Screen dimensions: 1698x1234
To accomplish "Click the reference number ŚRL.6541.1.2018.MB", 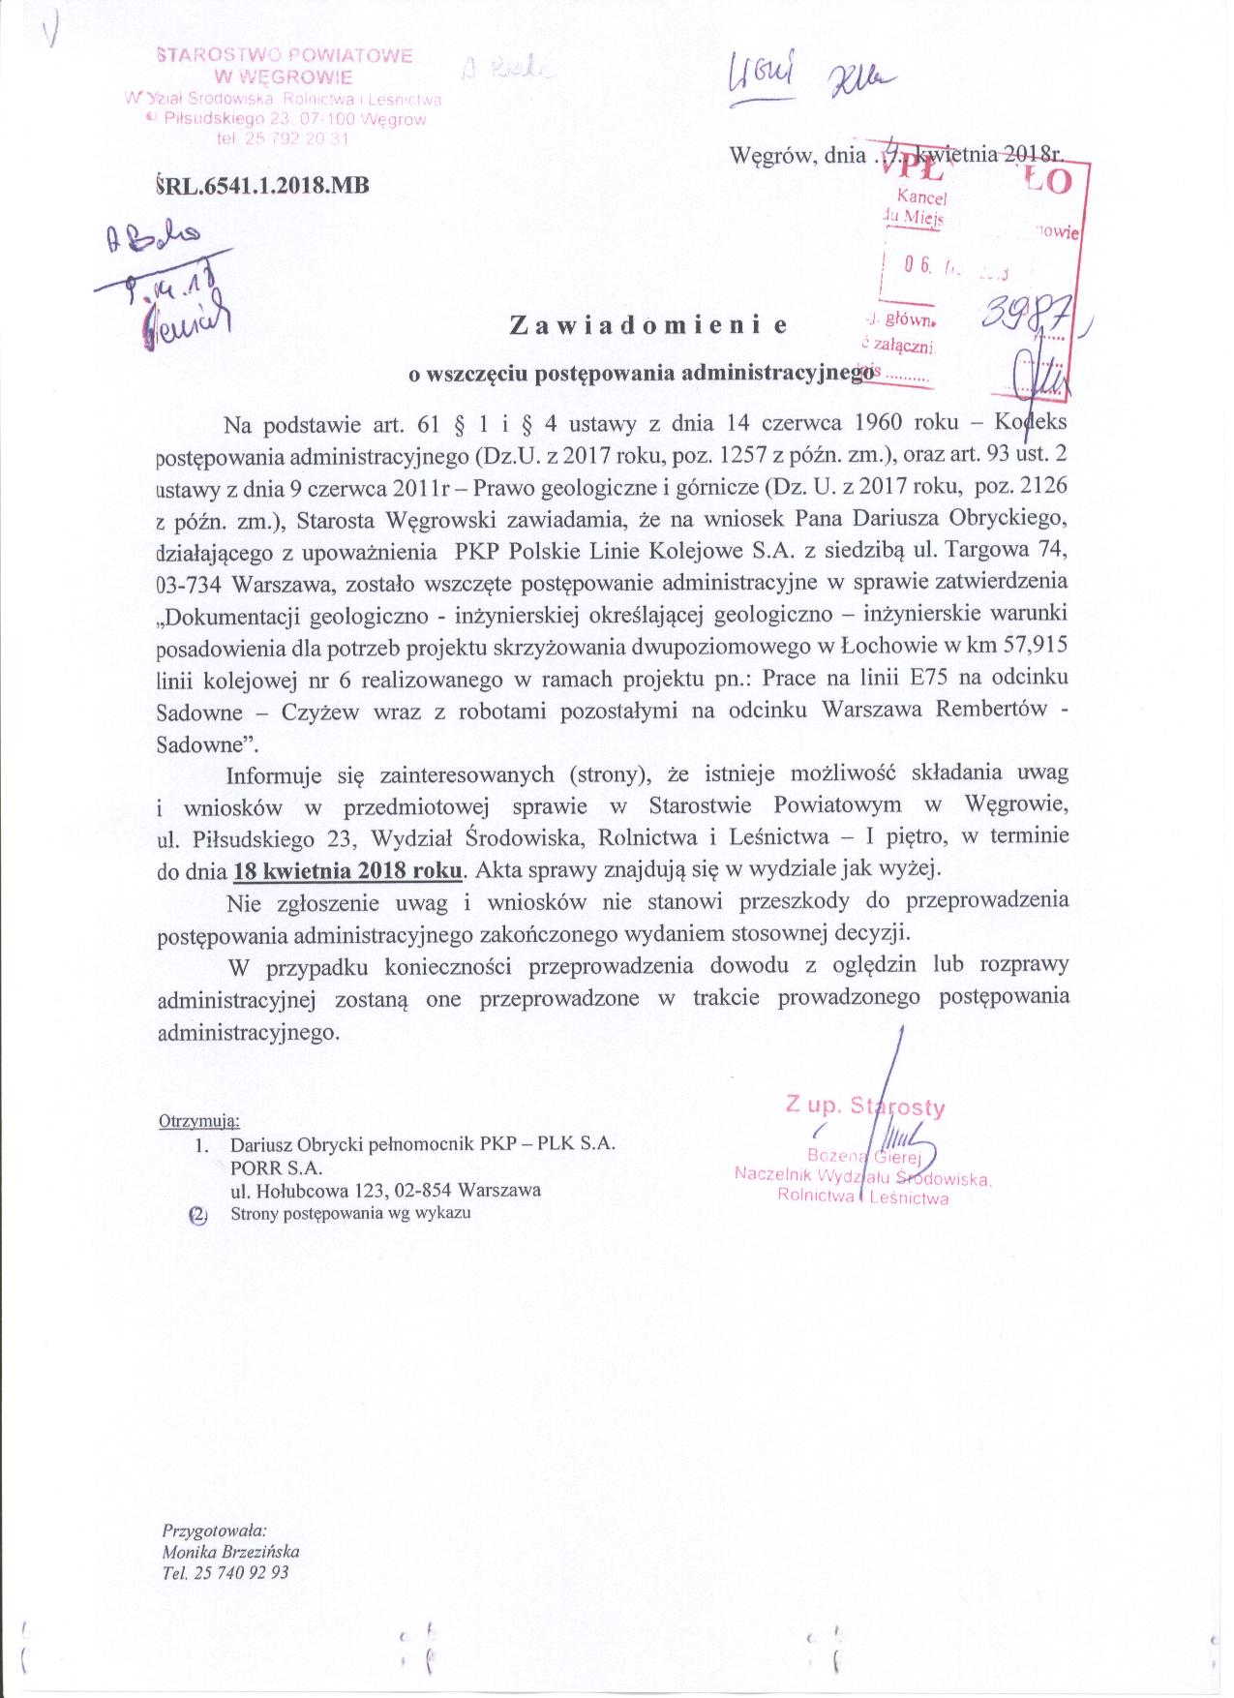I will pyautogui.click(x=261, y=186).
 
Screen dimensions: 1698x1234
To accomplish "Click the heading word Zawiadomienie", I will pyautogui.click(x=647, y=326).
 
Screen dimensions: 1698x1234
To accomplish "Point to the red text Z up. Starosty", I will pyautogui.click(x=865, y=1107).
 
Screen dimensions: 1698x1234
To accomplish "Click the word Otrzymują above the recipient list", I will pyautogui.click(x=198, y=1121).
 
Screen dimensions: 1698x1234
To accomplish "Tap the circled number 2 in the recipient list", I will pyautogui.click(x=198, y=1213).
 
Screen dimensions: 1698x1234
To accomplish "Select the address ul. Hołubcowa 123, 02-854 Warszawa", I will pyautogui.click(x=385, y=1190).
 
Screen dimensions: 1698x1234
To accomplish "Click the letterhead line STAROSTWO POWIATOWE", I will pyautogui.click(x=285, y=56).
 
